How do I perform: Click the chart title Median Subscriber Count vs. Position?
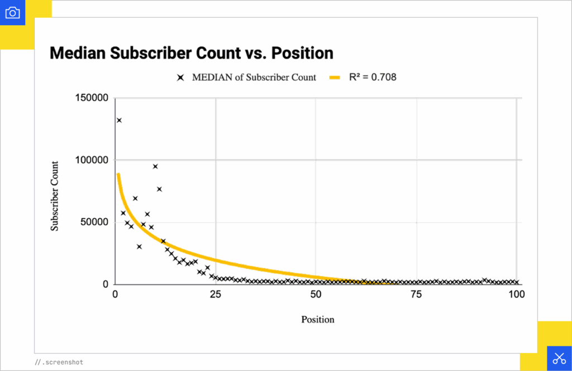[x=192, y=53]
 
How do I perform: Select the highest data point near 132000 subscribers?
[x=119, y=120]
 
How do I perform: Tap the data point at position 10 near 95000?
[x=155, y=166]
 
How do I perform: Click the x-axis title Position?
[x=318, y=320]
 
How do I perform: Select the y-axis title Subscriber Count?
[x=55, y=196]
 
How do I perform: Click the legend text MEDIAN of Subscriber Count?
[x=254, y=78]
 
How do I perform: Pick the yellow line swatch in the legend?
[x=335, y=78]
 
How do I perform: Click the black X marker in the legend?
[x=180, y=78]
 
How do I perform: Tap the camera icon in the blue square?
[x=12, y=12]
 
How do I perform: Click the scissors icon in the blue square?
[x=559, y=358]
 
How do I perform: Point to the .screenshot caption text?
[x=59, y=363]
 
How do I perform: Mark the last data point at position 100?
[x=517, y=282]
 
